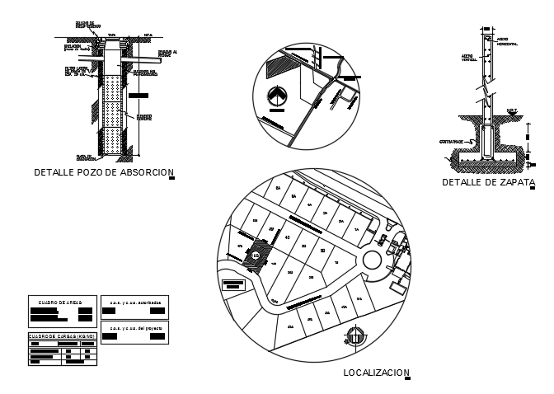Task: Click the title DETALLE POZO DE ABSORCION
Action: pyautogui.click(x=104, y=173)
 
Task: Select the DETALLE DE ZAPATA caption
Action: pyautogui.click(x=488, y=182)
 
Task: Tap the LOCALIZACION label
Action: pyautogui.click(x=376, y=373)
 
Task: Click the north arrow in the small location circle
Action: pyautogui.click(x=278, y=98)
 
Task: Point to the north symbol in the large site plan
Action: pyautogui.click(x=354, y=336)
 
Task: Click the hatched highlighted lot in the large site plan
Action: pyautogui.click(x=256, y=255)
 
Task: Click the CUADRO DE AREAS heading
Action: pyautogui.click(x=62, y=302)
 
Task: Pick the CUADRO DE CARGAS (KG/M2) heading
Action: pyautogui.click(x=62, y=336)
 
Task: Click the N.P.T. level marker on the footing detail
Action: pyautogui.click(x=511, y=110)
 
